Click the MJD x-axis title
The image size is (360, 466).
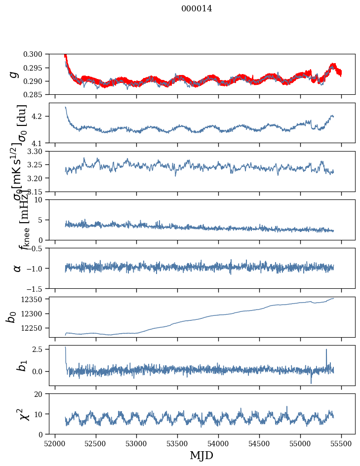[201, 455]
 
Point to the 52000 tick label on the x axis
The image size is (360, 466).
[55, 443]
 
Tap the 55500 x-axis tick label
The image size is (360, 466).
[341, 443]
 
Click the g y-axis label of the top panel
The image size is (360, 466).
[15, 74]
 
